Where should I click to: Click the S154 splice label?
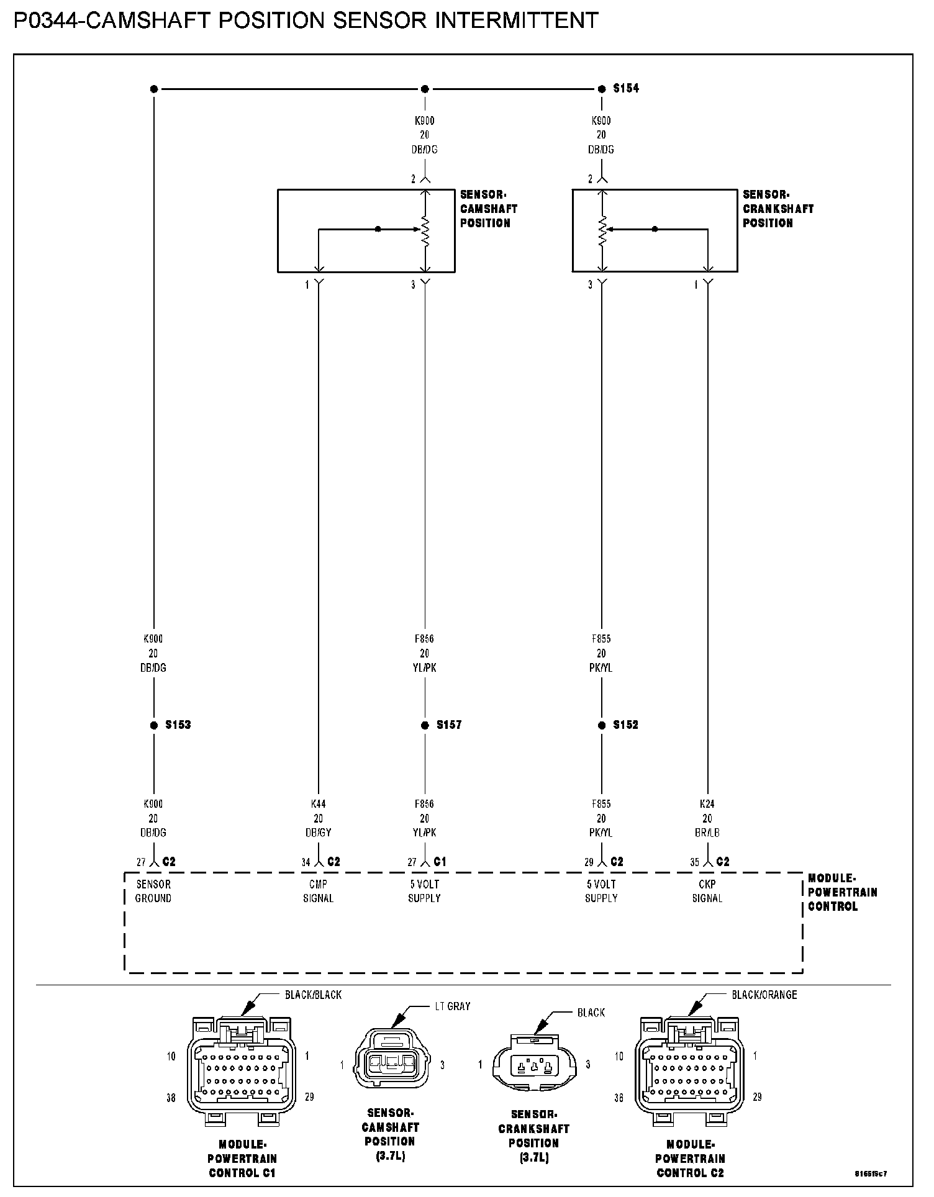(x=625, y=89)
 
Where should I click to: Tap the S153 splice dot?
(x=154, y=725)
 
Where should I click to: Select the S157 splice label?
(x=448, y=725)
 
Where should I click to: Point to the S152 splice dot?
(x=602, y=725)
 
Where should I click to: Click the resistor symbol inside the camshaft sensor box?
(x=425, y=230)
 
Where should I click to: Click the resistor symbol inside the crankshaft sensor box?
(x=602, y=230)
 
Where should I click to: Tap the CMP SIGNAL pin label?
(x=318, y=892)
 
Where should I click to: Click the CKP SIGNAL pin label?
(x=707, y=892)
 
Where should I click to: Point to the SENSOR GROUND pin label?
(x=153, y=892)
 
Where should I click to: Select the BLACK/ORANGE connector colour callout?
(x=764, y=995)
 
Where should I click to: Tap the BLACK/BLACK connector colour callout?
(x=313, y=995)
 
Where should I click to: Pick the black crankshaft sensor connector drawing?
(x=534, y=1065)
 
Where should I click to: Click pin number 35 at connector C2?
(x=694, y=862)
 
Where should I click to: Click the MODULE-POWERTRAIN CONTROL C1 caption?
(x=242, y=1159)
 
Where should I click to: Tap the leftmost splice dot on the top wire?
(x=154, y=89)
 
